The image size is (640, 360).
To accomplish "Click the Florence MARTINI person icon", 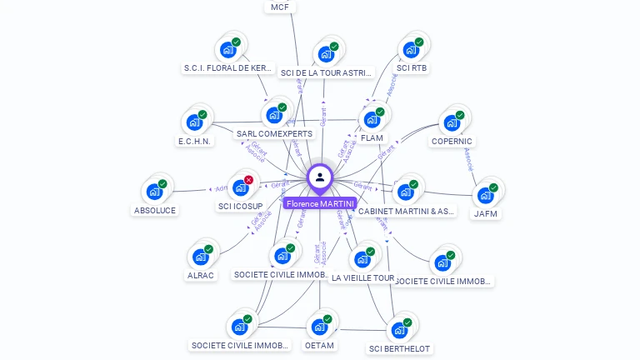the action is point(320,177).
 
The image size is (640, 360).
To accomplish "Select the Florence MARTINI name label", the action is point(320,203).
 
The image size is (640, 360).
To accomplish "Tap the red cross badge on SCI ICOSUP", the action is point(248,180).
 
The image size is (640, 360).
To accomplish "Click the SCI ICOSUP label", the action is point(241,206).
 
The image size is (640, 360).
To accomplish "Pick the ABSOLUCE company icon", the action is point(154,192).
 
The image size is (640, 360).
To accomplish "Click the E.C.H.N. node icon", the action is point(194,122).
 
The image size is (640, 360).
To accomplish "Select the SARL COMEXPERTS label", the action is point(274,133).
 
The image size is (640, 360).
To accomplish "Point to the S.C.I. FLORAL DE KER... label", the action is point(227,67).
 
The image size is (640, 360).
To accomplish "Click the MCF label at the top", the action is point(280,7).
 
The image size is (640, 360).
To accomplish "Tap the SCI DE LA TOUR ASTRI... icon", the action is point(326,54).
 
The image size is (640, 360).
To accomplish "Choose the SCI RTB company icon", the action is point(411,49).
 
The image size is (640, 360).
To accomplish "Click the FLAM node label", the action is point(372,137).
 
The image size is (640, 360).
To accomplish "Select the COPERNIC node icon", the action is point(452,122).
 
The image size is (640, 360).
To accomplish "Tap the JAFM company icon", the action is point(485,195).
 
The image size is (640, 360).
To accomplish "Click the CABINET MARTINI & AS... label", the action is point(406,211).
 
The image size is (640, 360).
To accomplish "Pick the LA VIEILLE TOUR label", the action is point(362,277).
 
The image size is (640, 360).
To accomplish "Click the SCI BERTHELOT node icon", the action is point(399,330).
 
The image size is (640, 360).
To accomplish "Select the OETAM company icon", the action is point(319,327).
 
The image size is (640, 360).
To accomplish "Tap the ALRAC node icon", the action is point(201,257).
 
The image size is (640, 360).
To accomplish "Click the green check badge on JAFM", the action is point(493,187).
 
